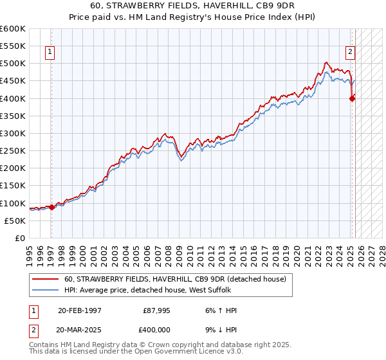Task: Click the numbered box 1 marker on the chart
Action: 50,53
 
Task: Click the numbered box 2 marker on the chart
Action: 351,53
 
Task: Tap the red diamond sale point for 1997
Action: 51,207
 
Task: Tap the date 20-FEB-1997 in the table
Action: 80,310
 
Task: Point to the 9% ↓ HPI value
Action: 220,328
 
